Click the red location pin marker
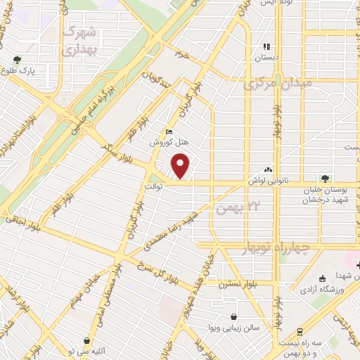181,166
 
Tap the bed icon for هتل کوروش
167,131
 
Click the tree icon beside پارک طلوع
17,59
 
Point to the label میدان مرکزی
271,85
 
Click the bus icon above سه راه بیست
301,330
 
